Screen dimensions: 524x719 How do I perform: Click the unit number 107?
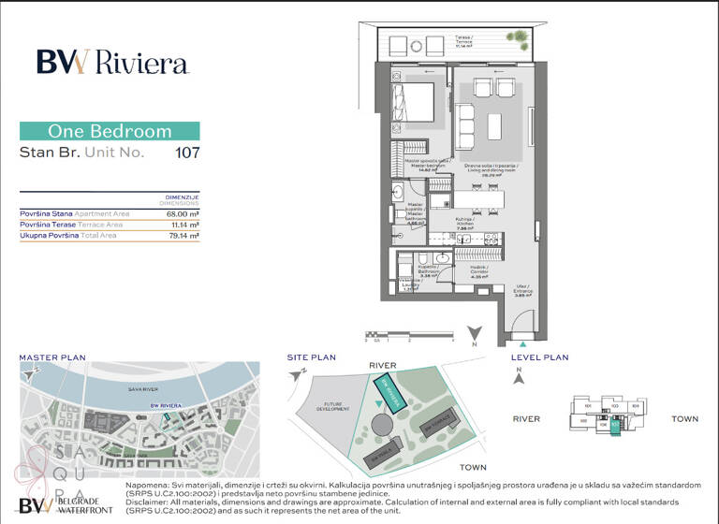click(x=187, y=152)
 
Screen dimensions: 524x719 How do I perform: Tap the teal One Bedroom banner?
click(x=110, y=131)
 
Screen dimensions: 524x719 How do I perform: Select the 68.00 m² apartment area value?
click(x=181, y=213)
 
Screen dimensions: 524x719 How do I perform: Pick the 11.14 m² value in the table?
click(x=182, y=225)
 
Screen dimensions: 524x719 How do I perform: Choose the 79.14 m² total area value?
click(x=182, y=236)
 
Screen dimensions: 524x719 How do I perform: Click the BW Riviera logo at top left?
click(x=112, y=62)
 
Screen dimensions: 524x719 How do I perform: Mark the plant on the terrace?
click(x=517, y=36)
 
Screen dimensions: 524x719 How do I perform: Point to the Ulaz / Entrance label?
click(x=522, y=291)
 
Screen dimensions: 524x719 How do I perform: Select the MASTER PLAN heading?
click(x=52, y=357)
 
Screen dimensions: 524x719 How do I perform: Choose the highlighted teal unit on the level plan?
click(x=615, y=426)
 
